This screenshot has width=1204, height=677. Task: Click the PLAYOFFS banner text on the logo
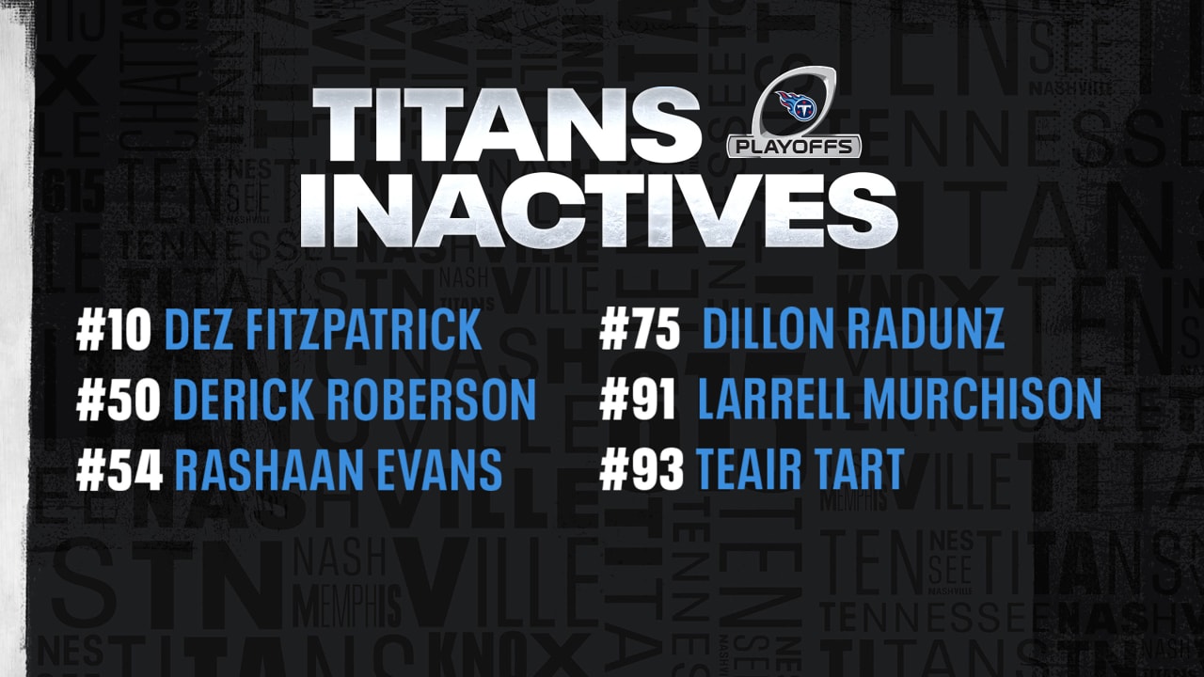coord(795,147)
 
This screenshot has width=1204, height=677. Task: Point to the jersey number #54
coord(119,469)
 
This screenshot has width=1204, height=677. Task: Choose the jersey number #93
coord(642,469)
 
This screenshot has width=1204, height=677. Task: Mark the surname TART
coord(863,469)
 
